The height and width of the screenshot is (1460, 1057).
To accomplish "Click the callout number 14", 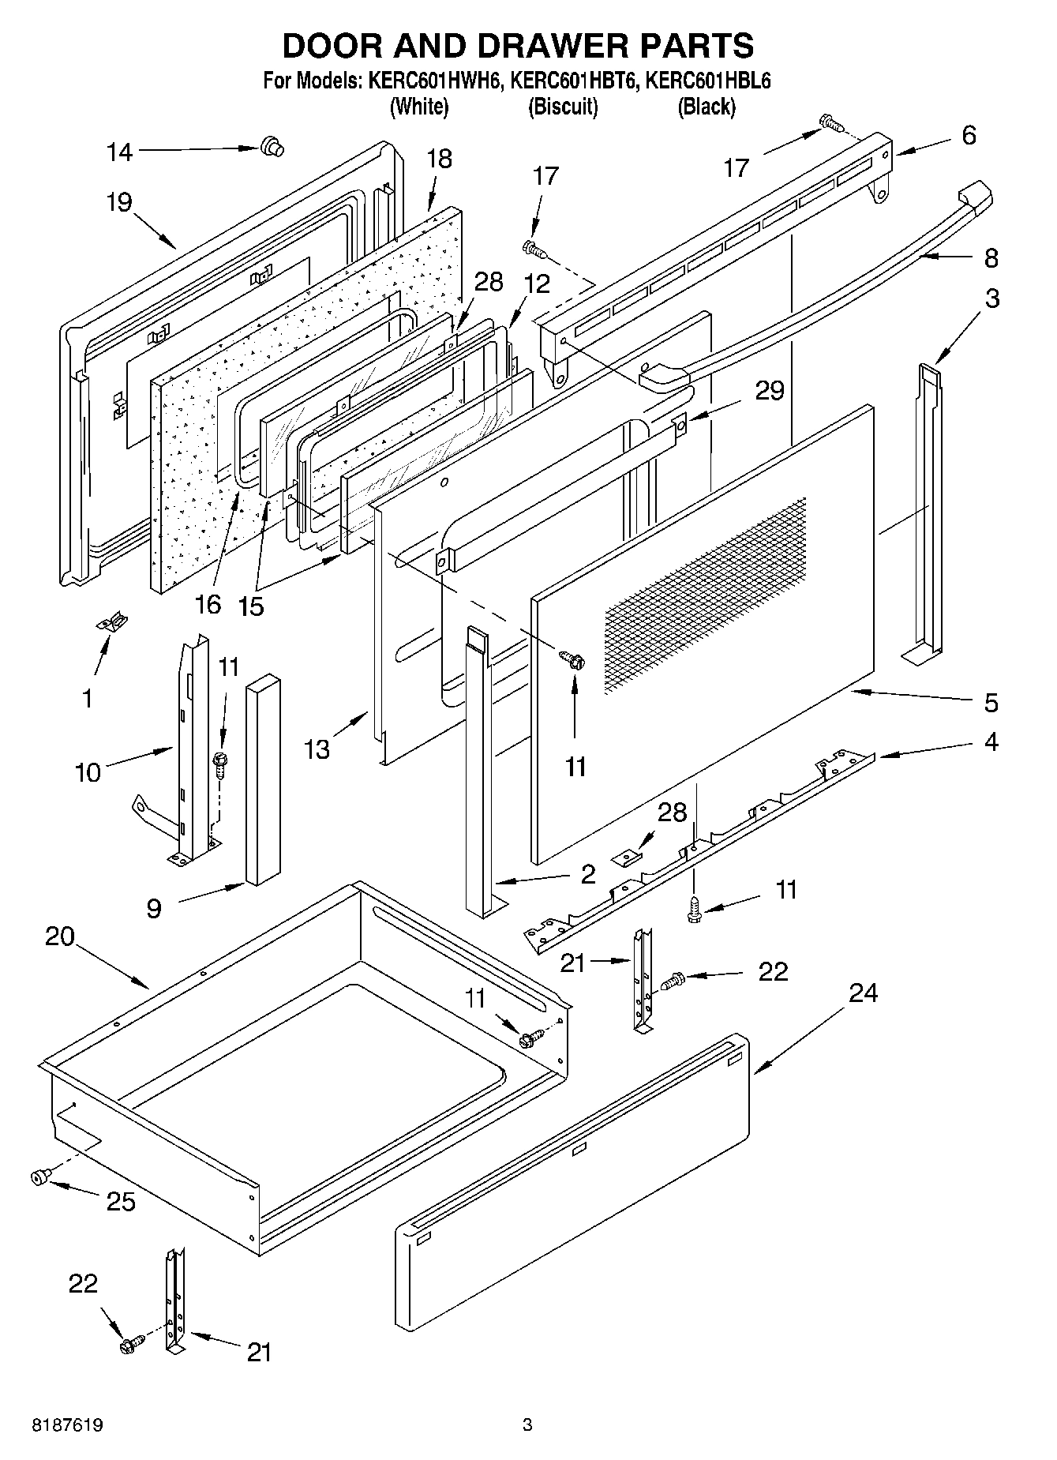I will (119, 152).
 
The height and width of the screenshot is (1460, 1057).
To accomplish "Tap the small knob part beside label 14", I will (272, 147).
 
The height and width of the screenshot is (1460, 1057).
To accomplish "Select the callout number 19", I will (119, 203).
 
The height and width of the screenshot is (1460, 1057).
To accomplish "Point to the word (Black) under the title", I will (706, 107).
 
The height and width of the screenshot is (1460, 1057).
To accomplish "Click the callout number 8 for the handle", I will (991, 258).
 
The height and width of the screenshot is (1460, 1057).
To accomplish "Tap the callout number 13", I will (317, 749).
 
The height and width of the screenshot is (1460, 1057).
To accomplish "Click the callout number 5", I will (991, 702).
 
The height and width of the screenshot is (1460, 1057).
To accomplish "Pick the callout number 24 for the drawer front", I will (863, 993).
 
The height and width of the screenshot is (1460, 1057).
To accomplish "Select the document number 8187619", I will (67, 1424).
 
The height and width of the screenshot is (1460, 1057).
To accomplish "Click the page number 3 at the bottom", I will (527, 1424).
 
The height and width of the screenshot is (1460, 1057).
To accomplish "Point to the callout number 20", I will (60, 936).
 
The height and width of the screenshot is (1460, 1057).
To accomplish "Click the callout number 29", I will (770, 391).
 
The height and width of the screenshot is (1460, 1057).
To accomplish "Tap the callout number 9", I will (153, 909).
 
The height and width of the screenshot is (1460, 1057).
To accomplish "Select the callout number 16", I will (208, 605).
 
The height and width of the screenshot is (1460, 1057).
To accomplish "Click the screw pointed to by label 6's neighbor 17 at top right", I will (831, 122).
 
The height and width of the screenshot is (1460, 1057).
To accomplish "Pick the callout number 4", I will (991, 742).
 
